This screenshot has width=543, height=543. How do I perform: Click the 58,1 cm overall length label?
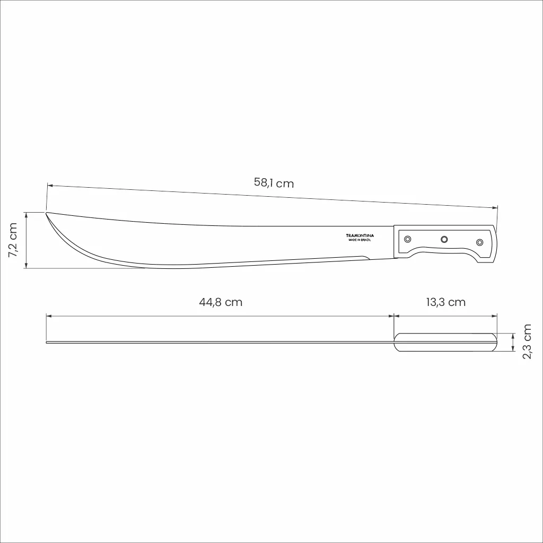274,182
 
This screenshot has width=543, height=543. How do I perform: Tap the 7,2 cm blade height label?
13,240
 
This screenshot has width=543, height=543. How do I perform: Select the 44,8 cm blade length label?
221,302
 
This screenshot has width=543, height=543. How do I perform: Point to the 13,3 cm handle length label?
445,302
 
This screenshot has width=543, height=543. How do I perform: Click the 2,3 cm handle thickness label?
527,341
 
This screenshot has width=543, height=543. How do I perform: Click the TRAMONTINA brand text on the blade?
360,235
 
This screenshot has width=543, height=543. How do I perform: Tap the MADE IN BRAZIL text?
360,240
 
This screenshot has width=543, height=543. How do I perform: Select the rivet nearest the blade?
408,239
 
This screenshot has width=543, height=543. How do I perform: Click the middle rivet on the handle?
444,239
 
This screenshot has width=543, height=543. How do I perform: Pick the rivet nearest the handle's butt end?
479,242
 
